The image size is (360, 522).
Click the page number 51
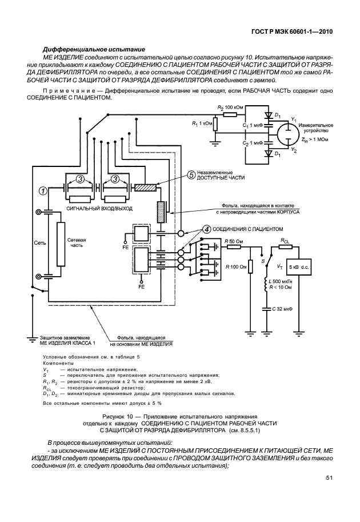click(x=329, y=477)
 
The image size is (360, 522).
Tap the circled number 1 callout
click(x=42, y=190)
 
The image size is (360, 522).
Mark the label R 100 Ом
click(x=235, y=266)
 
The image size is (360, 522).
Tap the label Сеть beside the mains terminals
click(x=39, y=243)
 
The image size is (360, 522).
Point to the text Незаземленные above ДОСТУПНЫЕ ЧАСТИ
click(x=214, y=172)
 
